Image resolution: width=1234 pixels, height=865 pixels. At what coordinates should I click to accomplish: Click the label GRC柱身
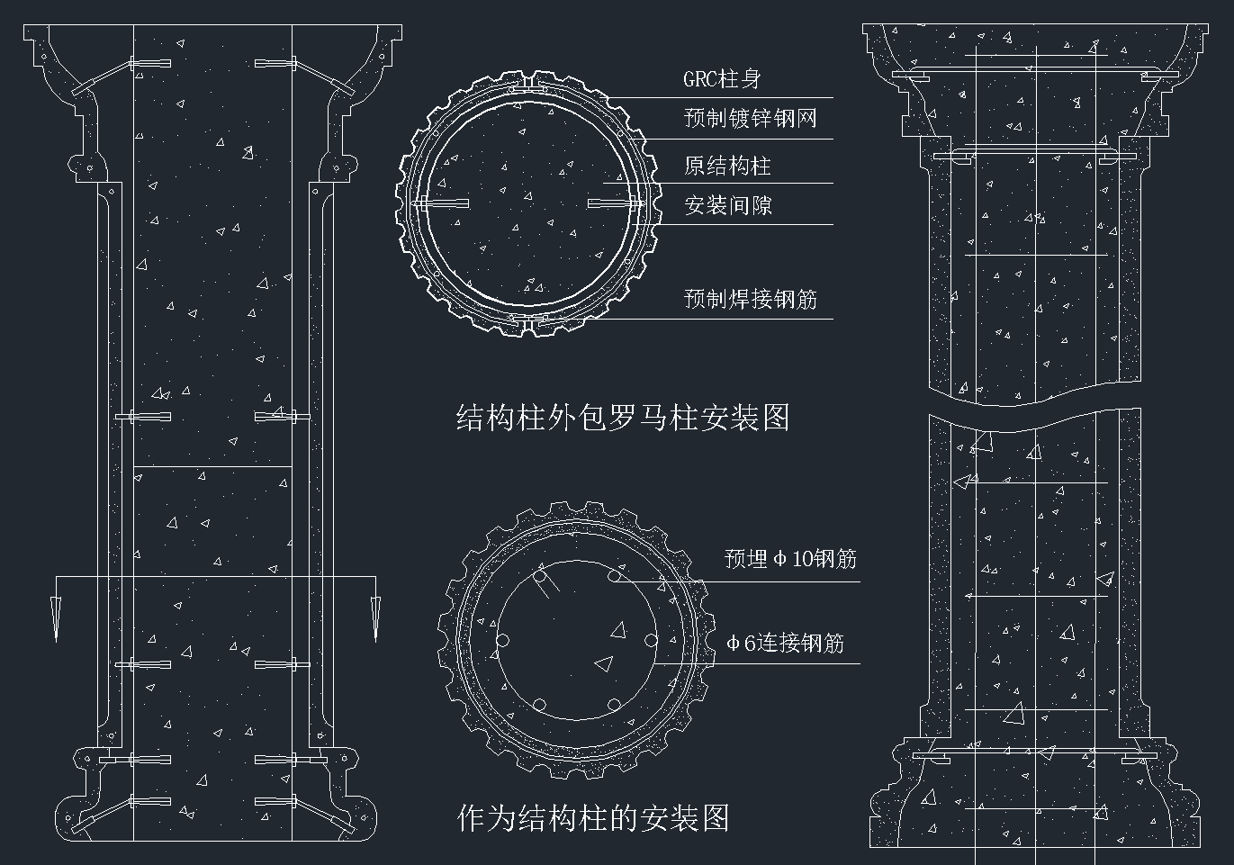pos(722,79)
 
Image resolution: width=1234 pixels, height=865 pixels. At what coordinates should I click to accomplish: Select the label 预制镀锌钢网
pos(750,118)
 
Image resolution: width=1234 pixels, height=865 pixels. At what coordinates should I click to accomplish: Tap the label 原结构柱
pos(727,166)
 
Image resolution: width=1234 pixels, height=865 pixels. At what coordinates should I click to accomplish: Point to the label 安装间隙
pos(727,206)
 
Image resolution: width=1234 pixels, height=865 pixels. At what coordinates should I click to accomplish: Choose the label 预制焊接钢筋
pos(750,299)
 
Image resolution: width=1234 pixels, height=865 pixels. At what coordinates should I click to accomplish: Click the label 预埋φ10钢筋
pos(790,559)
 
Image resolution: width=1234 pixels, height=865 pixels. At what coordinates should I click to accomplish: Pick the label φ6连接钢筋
pos(785,643)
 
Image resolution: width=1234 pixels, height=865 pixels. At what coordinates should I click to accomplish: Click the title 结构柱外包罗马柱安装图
pos(623,419)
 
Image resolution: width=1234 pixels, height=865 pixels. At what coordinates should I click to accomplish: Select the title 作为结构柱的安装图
pos(593,818)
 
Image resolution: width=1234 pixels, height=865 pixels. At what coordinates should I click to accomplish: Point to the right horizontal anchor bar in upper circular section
pos(614,204)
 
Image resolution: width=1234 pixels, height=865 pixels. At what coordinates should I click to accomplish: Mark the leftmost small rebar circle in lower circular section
pos(502,641)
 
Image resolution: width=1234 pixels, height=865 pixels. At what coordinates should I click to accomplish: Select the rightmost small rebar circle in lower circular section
pos(651,641)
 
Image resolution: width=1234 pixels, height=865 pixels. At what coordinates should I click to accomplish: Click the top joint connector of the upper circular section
pos(529,86)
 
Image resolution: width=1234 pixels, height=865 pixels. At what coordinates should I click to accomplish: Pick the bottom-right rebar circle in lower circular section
pos(614,705)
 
